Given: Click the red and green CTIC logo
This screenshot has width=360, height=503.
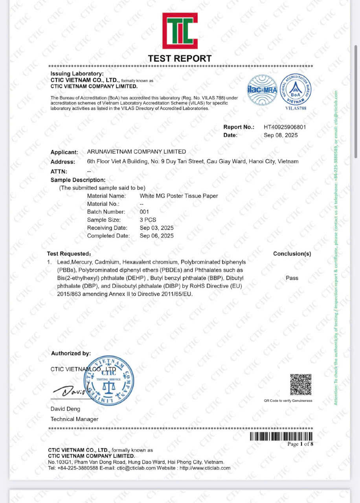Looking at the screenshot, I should (180, 31).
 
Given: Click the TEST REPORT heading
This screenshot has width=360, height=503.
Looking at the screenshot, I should (180, 59).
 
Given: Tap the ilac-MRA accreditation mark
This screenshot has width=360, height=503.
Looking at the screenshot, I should (262, 90).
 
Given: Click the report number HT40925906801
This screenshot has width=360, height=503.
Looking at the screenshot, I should (285, 127).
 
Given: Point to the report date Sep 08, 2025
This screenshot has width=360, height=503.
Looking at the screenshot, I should (281, 135).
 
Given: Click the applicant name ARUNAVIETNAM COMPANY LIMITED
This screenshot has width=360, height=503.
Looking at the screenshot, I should (136, 152).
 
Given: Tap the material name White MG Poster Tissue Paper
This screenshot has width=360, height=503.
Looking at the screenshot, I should (179, 196).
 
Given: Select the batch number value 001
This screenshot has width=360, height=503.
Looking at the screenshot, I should (144, 212).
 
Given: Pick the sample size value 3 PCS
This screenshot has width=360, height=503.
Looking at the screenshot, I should (148, 220).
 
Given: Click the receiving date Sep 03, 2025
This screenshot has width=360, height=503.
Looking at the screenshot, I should (156, 228).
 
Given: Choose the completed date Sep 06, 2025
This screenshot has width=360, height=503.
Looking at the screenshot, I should (156, 236).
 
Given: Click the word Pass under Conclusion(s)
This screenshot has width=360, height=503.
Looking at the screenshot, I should (292, 278).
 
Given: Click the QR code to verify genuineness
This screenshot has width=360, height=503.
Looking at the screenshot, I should (301, 385).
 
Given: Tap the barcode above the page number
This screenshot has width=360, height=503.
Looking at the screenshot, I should (281, 436).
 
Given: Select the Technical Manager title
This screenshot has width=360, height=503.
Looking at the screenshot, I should (75, 419).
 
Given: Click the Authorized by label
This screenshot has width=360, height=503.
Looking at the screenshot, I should (71, 353).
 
